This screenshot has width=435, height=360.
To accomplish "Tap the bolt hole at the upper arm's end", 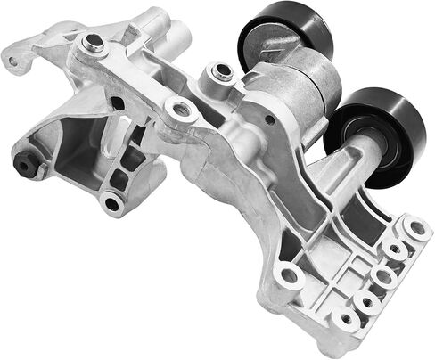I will click(x=92, y=41).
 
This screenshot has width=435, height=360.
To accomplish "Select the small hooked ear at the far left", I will click(x=12, y=61).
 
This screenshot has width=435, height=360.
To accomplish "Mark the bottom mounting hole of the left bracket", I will click(x=111, y=203).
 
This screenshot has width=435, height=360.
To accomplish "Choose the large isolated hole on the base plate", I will click(x=287, y=275).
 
